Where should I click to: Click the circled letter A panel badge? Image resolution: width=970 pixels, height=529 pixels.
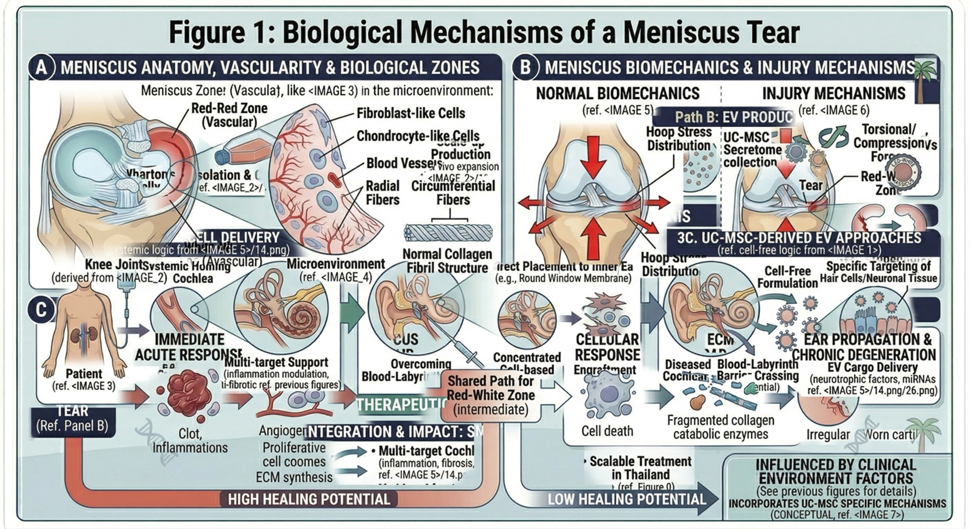tap(41, 68)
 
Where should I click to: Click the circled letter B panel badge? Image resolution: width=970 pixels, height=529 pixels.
tap(526, 68)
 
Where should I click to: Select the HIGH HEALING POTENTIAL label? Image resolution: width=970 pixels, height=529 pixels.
tap(309, 499)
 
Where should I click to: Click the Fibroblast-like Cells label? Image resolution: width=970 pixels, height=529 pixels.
tap(411, 113)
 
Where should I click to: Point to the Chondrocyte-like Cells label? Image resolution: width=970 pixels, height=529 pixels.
tap(418, 136)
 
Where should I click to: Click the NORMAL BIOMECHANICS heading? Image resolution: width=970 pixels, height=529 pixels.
tap(617, 94)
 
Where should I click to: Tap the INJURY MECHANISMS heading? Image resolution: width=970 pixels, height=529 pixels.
tap(834, 94)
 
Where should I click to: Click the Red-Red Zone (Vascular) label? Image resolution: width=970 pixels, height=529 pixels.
tap(229, 115)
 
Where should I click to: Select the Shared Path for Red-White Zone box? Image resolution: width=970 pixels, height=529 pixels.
tap(491, 395)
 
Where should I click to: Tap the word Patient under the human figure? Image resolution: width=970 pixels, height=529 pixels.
tap(84, 374)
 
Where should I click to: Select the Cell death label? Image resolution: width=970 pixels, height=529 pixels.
tap(607, 431)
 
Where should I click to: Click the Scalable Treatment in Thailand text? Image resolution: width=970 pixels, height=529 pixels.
tap(640, 468)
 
